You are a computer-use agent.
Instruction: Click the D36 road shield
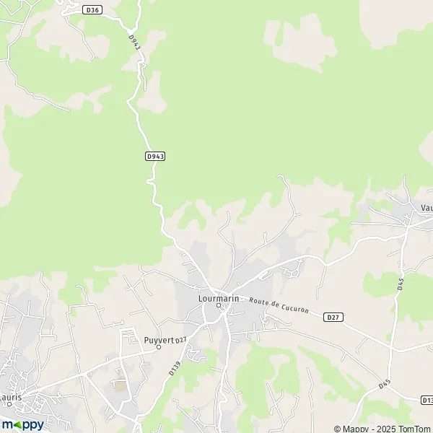pos(92,9)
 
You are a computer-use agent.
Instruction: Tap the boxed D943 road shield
pos(155,156)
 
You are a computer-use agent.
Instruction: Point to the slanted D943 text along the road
pos(134,43)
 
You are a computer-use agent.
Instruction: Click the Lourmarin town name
pos(219,297)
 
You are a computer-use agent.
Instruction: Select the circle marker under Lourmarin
pos(219,306)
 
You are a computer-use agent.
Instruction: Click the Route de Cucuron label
pos(279,305)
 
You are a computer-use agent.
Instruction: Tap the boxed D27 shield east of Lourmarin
pos(333,316)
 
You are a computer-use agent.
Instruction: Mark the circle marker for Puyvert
pos(159,348)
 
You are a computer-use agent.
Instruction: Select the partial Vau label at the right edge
pos(426,207)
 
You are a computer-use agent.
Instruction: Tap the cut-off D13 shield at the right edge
pos(427,400)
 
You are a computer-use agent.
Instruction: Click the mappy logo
pos(22,424)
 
